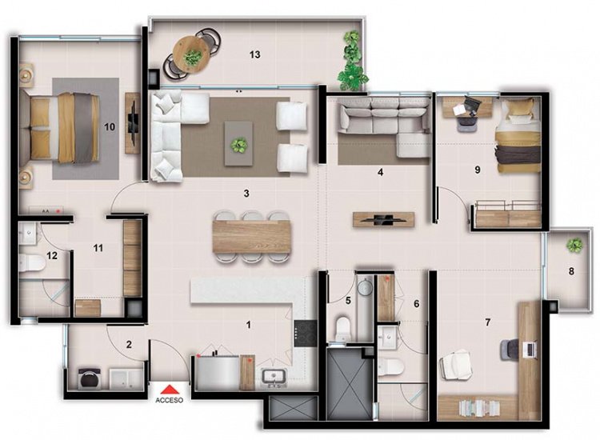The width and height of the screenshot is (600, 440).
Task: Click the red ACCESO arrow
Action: (170, 390)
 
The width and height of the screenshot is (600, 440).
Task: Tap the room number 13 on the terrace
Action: (255, 54)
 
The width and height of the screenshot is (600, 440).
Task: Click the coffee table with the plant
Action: (238, 143)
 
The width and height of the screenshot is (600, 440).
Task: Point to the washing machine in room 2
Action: (90, 378)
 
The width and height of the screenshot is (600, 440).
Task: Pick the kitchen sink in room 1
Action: (274, 377)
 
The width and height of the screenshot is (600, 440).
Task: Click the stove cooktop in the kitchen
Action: (305, 334)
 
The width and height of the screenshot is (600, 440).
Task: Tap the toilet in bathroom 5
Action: (342, 327)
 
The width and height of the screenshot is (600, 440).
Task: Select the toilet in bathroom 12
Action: (32, 263)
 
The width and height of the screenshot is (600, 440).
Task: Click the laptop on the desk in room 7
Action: (530, 349)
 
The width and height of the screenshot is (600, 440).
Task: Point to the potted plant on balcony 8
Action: (574, 245)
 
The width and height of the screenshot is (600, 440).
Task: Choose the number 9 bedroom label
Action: (477, 169)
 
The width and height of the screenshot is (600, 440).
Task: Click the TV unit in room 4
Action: (383, 220)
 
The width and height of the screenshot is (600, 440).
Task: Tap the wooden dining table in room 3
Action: (252, 237)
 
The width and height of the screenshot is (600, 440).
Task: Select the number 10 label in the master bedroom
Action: (110, 126)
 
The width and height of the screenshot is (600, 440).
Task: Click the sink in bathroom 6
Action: (389, 337)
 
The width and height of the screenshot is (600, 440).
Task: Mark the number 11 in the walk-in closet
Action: (98, 248)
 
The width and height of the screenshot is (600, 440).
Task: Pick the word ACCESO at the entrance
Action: (169, 400)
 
